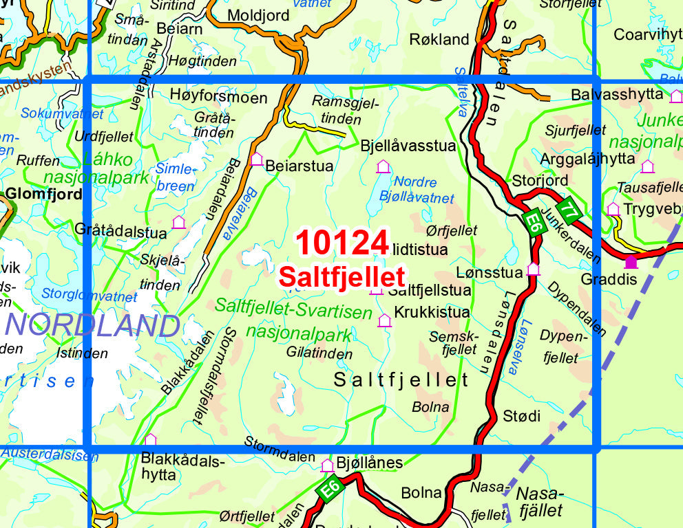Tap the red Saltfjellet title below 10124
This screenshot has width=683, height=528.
[x=341, y=276]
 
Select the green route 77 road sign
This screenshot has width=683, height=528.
[x=568, y=209]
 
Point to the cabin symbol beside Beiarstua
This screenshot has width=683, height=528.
[x=257, y=159]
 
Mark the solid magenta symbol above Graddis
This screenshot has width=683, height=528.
[x=630, y=261]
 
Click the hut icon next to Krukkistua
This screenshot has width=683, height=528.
[x=384, y=320]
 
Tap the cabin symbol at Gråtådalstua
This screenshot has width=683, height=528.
[x=179, y=222]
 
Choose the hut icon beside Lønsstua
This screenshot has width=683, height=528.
[x=533, y=269]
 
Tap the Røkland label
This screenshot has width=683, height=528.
[x=439, y=38]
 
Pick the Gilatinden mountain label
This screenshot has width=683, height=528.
[x=320, y=354]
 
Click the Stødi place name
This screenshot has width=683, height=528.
[x=522, y=416]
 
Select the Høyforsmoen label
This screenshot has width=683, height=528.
[x=218, y=98]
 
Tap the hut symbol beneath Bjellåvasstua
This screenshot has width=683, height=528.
[x=383, y=166]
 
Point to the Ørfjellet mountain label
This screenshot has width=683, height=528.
[x=452, y=230]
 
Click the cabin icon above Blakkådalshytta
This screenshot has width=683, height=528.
[x=150, y=439]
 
